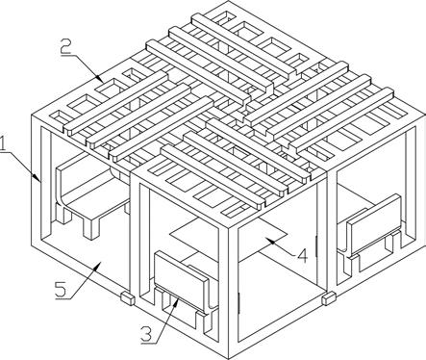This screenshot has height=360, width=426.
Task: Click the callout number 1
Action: [x=3, y=143]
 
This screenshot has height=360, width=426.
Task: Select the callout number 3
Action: [x=146, y=334]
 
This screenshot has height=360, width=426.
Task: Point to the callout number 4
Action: [x=302, y=256]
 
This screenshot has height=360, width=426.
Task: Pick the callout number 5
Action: [x=61, y=290]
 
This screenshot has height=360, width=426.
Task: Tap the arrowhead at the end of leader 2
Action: [x=100, y=79]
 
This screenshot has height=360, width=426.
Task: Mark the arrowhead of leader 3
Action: [x=176, y=300]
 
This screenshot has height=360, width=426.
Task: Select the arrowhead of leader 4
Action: [x=268, y=240]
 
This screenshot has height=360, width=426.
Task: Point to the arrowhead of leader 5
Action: [x=99, y=264]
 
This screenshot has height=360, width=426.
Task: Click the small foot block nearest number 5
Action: [x=128, y=298]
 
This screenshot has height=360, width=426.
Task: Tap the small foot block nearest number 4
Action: [x=329, y=298]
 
